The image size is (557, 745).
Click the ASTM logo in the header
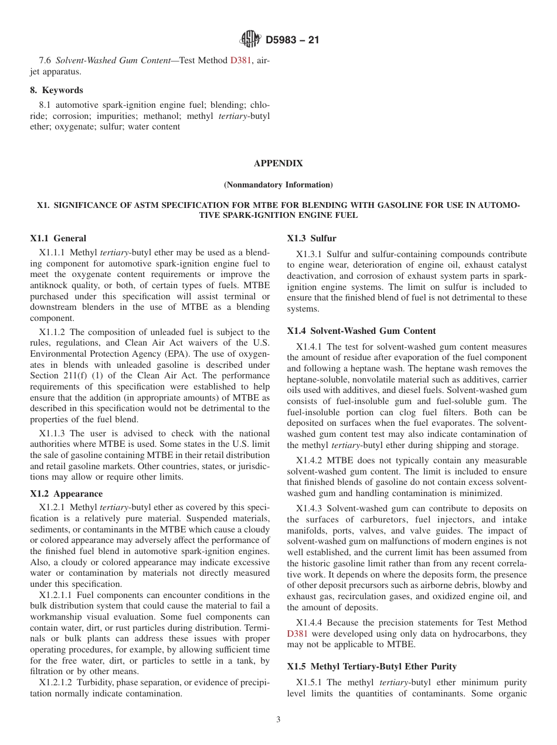click(x=250, y=40)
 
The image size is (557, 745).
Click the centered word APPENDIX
click(x=278, y=163)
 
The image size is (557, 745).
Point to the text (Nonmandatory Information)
click(x=278, y=184)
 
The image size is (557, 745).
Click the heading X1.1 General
click(x=58, y=238)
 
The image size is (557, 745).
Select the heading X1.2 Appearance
click(x=66, y=494)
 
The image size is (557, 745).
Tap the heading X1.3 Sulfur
click(x=311, y=238)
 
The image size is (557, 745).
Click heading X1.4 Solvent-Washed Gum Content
click(x=361, y=331)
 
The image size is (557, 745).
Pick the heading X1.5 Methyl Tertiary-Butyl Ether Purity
click(x=372, y=667)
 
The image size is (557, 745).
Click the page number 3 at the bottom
click(x=278, y=720)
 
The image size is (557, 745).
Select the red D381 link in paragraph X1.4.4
click(x=297, y=634)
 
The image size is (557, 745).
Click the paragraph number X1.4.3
click(x=310, y=508)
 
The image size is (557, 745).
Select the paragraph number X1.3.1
click(x=310, y=254)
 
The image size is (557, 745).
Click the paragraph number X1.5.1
click(x=310, y=682)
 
